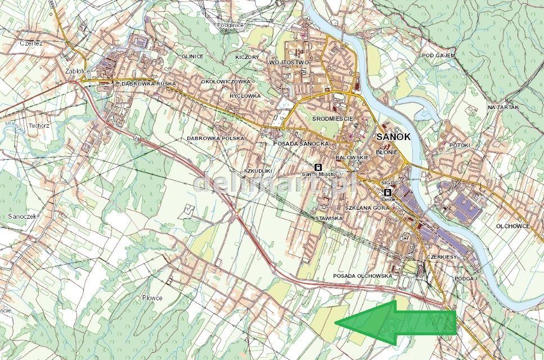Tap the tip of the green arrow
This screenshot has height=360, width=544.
336,322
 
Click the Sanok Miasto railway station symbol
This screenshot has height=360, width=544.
318,167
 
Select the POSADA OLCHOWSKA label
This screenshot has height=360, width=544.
362,276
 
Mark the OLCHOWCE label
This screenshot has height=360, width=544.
512,226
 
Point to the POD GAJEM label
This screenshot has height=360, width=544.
438,56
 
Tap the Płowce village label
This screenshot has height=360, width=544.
152,298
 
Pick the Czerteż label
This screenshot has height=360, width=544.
31,43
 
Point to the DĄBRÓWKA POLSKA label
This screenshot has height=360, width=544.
215,138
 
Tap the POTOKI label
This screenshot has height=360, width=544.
460,145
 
